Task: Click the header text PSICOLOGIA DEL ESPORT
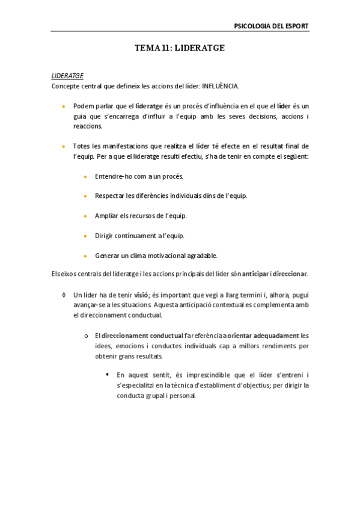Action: [x=271, y=26]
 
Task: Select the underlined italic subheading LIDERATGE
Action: [x=67, y=76]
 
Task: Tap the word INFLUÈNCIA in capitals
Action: [x=220, y=85]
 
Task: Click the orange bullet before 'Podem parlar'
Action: [x=64, y=105]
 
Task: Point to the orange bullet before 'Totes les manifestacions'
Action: [x=64, y=146]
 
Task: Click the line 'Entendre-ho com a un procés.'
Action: [x=139, y=176]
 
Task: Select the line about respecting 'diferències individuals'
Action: [x=171, y=196]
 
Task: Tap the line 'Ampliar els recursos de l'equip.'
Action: [x=141, y=215]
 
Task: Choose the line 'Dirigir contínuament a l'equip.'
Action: [x=139, y=235]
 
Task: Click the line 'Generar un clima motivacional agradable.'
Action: [x=156, y=255]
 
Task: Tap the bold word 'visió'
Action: [x=141, y=295]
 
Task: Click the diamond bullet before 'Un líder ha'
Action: [x=64, y=295]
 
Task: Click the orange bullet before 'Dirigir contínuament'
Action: [x=87, y=235]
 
